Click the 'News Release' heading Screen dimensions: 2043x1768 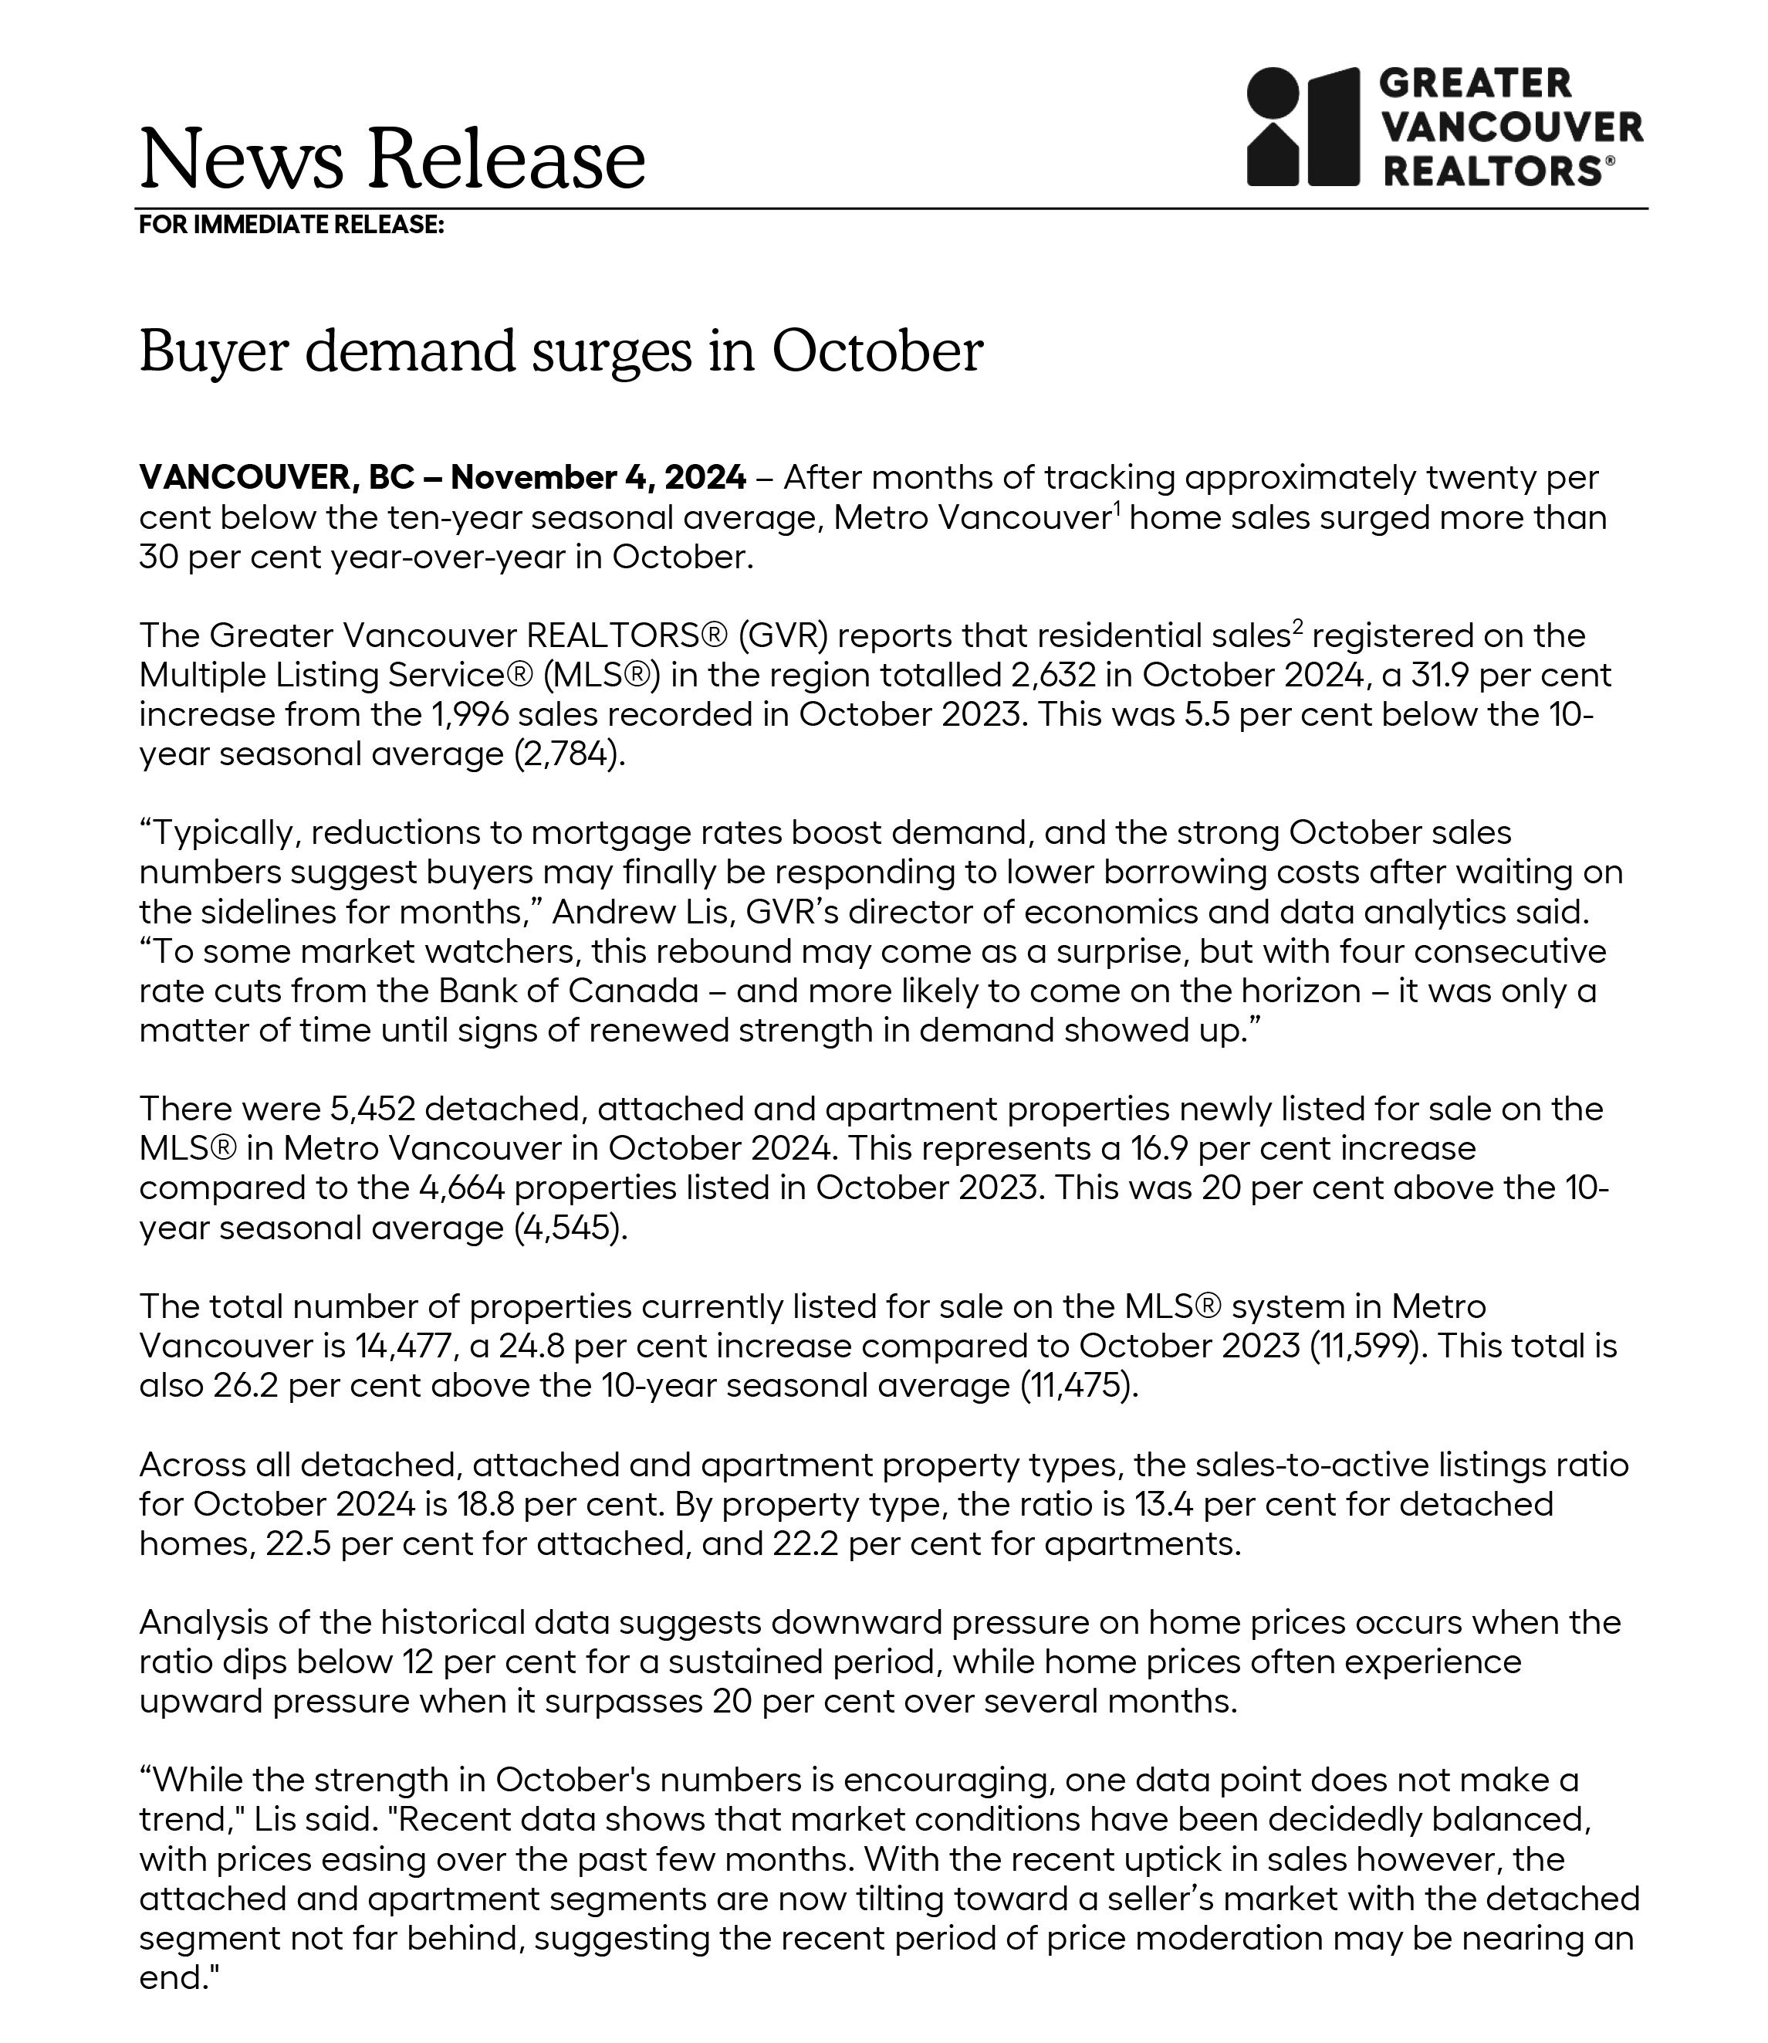pos(392,159)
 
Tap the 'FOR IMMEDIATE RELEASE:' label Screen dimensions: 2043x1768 pos(291,225)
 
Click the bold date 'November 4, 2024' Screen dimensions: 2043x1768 pos(598,478)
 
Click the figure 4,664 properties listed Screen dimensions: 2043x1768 pos(461,1188)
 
